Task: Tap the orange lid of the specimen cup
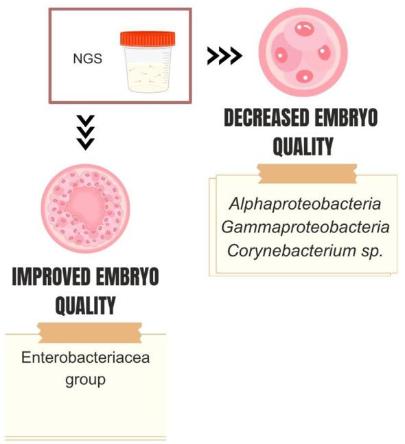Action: [x=147, y=38]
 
